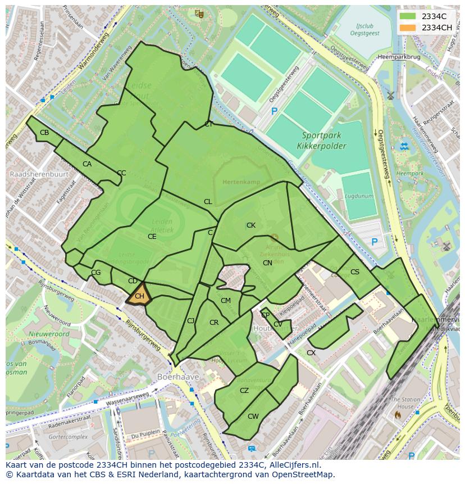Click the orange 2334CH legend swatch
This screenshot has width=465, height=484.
(x=408, y=28)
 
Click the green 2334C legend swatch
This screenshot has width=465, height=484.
(x=408, y=16)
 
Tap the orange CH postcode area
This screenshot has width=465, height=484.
(x=139, y=295)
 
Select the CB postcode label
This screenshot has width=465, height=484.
(x=44, y=133)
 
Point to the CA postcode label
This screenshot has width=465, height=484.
(x=87, y=164)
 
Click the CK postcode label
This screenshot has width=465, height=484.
(x=251, y=225)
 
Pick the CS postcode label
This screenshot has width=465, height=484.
(x=354, y=272)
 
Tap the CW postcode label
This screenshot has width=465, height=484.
(x=253, y=417)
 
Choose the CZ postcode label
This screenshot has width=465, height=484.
(x=244, y=391)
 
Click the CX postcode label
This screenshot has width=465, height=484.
(x=311, y=353)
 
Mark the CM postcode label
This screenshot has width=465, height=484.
(x=225, y=301)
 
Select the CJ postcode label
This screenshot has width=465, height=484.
(x=191, y=321)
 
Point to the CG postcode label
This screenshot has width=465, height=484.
(x=96, y=273)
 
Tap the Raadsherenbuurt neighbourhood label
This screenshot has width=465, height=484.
(x=39, y=174)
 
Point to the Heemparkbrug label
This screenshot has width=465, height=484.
(x=399, y=57)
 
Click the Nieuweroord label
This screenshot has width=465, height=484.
(x=49, y=334)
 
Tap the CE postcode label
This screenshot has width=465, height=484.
(x=152, y=237)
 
